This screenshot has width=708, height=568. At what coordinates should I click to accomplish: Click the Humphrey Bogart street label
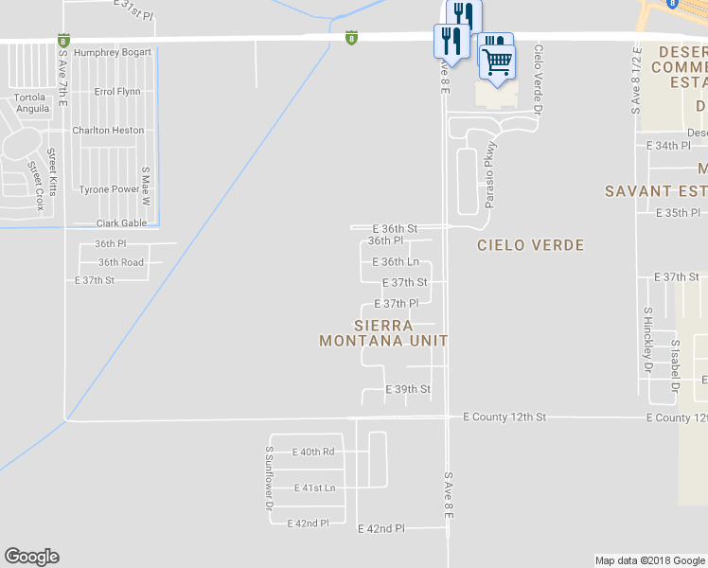pyautogui.click(x=113, y=52)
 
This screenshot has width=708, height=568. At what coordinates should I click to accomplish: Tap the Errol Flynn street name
pyautogui.click(x=118, y=92)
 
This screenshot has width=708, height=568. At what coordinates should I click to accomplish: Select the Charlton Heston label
pyautogui.click(x=109, y=131)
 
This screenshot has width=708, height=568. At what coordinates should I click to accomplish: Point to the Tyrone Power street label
pyautogui.click(x=109, y=189)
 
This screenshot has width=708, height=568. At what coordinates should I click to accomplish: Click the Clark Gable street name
pyautogui.click(x=122, y=223)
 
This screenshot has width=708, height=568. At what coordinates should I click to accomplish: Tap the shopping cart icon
pyautogui.click(x=497, y=63)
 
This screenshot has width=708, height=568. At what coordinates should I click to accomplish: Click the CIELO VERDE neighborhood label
pyautogui.click(x=530, y=245)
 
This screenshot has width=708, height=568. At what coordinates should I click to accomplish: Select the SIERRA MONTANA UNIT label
pyautogui.click(x=382, y=332)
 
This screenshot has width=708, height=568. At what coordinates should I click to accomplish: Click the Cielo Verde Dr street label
pyautogui.click(x=538, y=80)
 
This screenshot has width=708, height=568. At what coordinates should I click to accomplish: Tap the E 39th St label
pyautogui.click(x=408, y=389)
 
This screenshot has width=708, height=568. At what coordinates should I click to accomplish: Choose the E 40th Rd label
pyautogui.click(x=313, y=452)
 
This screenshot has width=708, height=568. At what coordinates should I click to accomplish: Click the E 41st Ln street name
pyautogui.click(x=315, y=488)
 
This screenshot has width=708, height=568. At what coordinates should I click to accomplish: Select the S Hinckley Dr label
pyautogui.click(x=648, y=338)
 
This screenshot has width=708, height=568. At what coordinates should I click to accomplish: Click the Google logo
pyautogui.click(x=31, y=557)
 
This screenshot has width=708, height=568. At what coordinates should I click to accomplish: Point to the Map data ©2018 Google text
pyautogui.click(x=649, y=560)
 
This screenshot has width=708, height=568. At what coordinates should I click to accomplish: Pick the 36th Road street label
pyautogui.click(x=120, y=262)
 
